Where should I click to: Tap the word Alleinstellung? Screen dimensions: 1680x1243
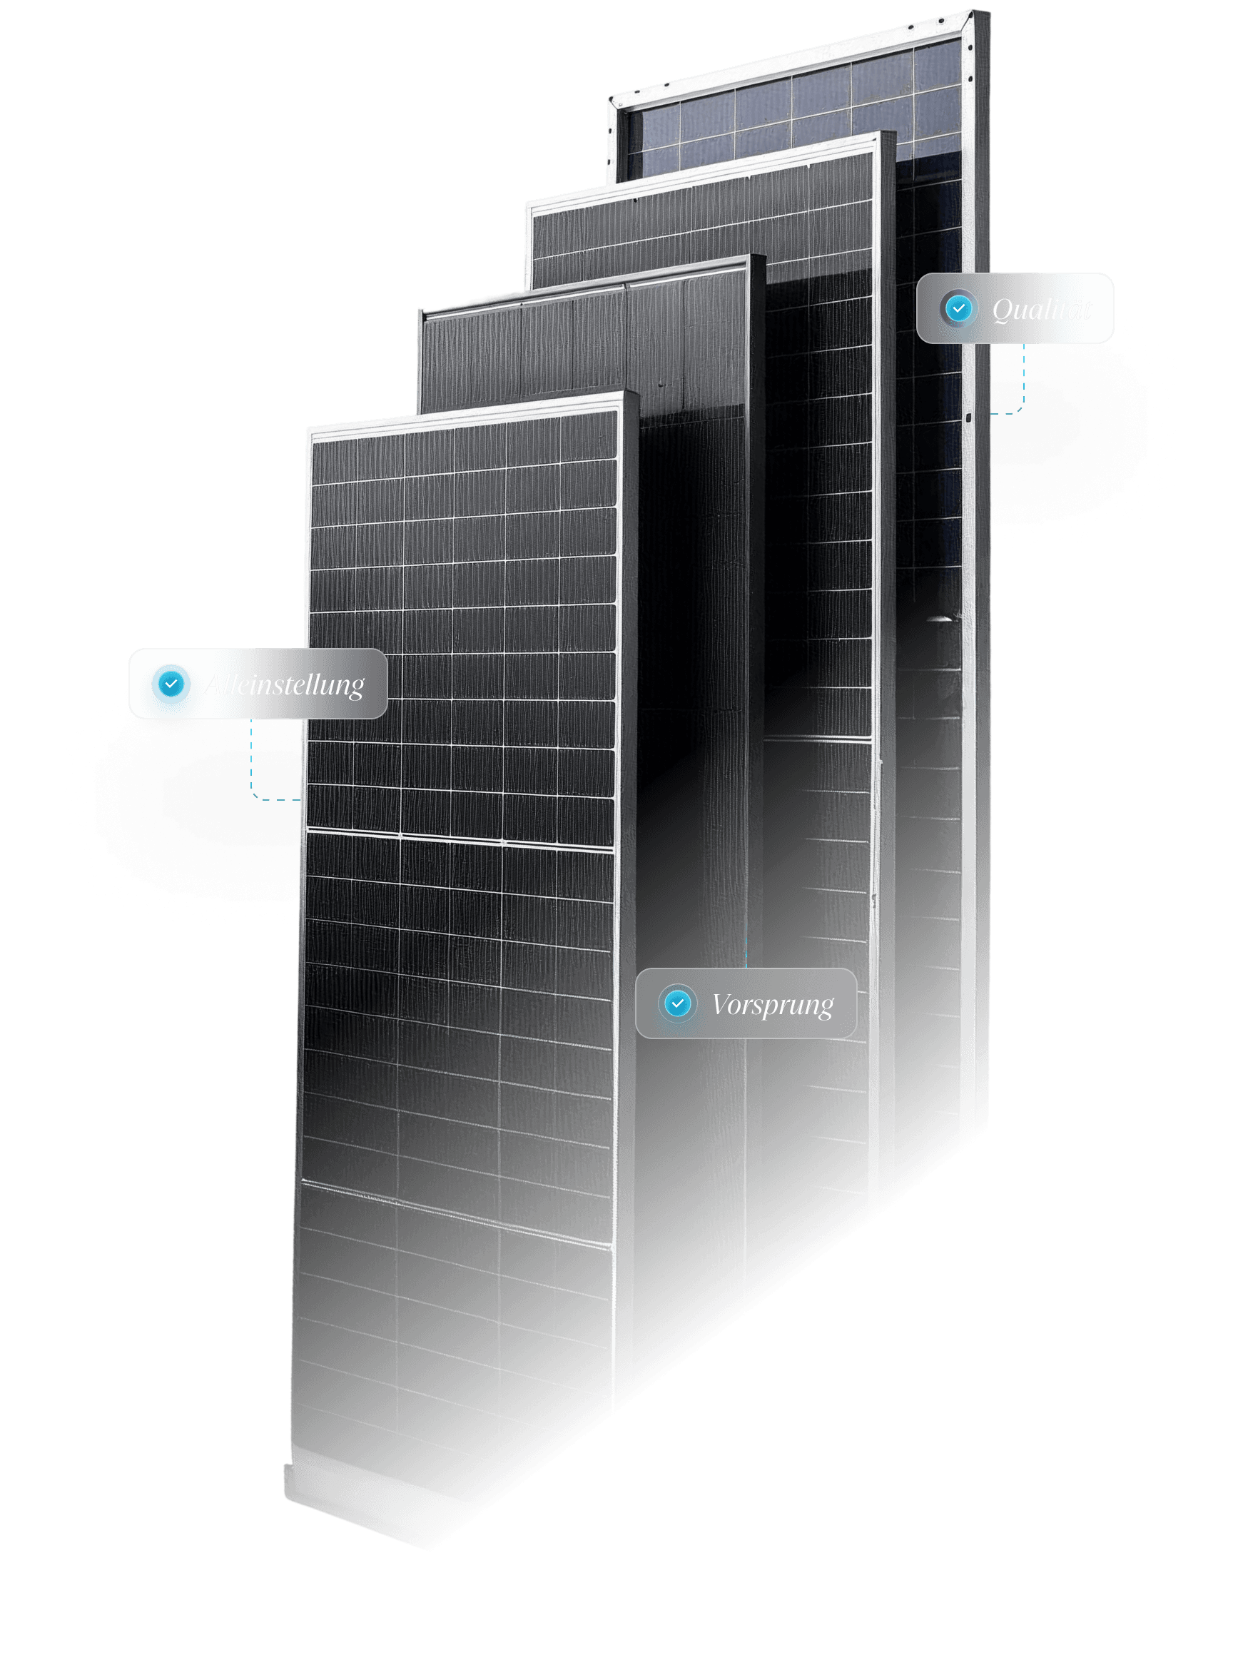point(285,684)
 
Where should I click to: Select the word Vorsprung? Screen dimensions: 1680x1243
point(773,1004)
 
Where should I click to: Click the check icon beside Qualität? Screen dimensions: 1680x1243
point(958,308)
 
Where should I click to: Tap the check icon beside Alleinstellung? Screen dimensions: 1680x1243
point(171,684)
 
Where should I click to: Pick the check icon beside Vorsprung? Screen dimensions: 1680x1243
point(677,1003)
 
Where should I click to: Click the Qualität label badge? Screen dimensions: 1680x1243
point(1014,308)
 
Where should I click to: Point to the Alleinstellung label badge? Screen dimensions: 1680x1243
point(258,684)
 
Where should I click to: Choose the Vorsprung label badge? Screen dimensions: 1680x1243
point(746,1003)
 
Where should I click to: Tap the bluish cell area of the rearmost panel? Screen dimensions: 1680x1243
point(790,113)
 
